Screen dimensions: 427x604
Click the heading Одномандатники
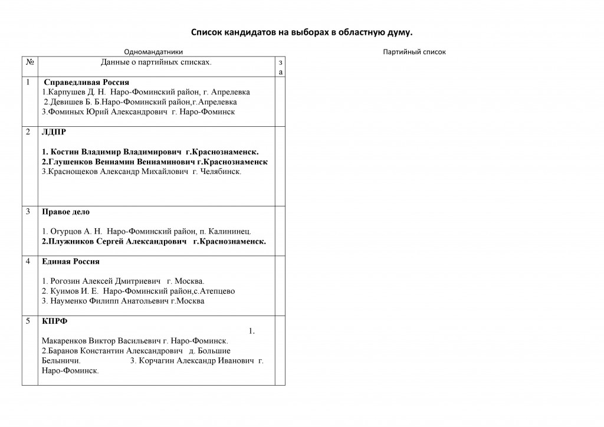click(x=153, y=52)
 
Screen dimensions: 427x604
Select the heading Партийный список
click(x=414, y=52)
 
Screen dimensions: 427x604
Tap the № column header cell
click(x=29, y=61)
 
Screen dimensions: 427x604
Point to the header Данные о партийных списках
click(x=156, y=61)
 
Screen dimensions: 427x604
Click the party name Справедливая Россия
click(x=87, y=82)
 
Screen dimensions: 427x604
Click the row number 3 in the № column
click(x=27, y=211)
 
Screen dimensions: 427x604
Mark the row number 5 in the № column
click(x=27, y=321)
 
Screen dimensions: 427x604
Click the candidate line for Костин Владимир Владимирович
click(x=150, y=152)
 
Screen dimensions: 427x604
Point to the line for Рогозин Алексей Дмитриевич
click(x=123, y=281)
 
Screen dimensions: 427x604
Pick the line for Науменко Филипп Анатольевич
click(x=123, y=301)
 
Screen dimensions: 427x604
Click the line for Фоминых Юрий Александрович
click(x=139, y=112)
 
